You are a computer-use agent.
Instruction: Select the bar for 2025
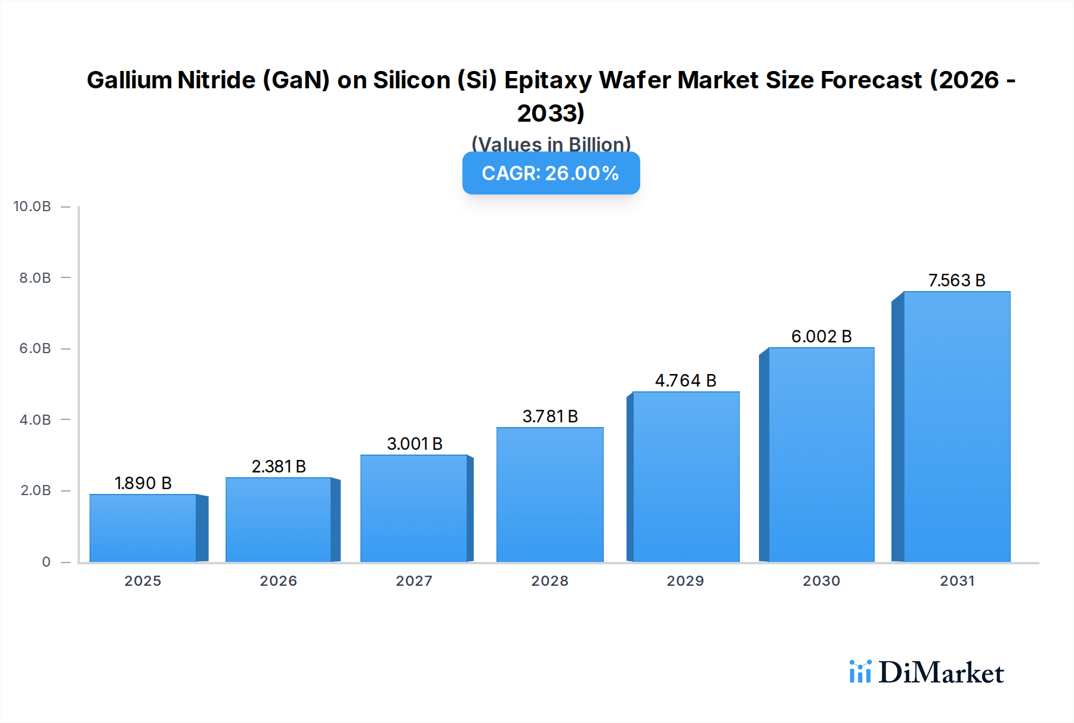tap(143, 528)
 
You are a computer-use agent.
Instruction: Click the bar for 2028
tap(550, 495)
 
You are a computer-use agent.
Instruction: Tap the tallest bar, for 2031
tap(956, 427)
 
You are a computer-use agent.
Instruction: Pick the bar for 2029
tap(686, 477)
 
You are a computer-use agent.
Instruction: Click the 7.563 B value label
tap(956, 280)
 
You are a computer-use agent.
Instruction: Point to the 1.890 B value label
tap(143, 483)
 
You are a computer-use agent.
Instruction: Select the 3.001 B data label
tap(415, 444)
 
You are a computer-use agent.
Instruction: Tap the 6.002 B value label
tap(821, 336)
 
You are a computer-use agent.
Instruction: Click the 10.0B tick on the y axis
tap(32, 206)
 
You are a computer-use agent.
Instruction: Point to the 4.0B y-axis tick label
tap(35, 420)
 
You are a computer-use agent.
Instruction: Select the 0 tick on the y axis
tap(46, 562)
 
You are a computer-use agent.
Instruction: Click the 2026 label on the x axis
tap(278, 581)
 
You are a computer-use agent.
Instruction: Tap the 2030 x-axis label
tap(821, 581)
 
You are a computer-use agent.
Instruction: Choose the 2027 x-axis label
tap(414, 581)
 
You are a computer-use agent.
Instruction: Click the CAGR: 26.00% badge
tap(551, 173)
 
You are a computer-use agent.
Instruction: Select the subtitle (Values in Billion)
tap(551, 144)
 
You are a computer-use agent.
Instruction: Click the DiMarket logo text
tap(941, 673)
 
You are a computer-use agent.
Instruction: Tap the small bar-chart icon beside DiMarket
tap(860, 672)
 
